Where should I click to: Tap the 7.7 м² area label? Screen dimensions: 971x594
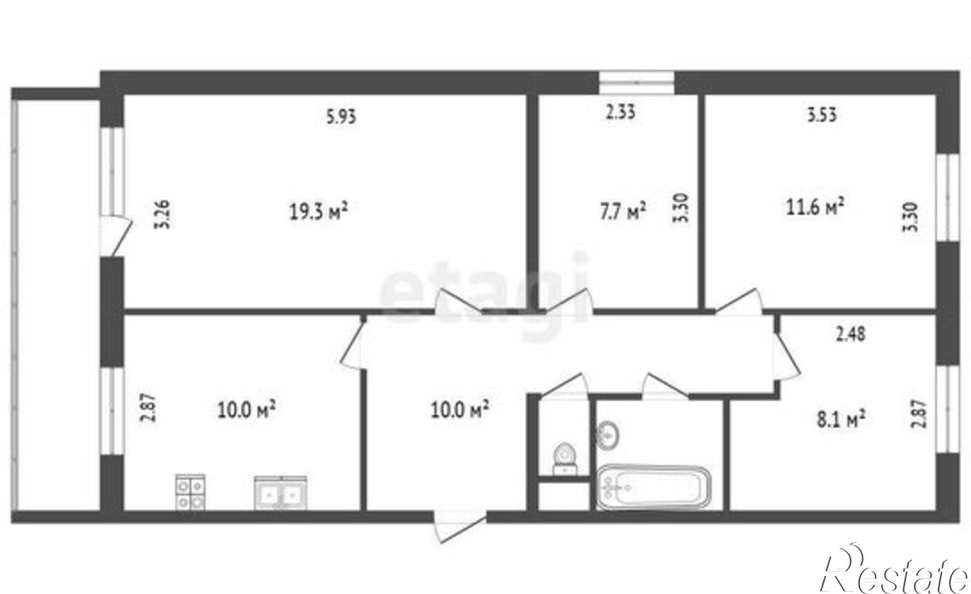click(x=623, y=212)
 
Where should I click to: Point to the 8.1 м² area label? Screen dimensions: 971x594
click(x=841, y=419)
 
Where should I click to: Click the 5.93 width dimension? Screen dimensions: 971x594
click(x=341, y=117)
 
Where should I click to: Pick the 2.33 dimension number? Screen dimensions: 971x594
click(x=620, y=112)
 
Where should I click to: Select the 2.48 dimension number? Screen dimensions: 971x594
click(x=850, y=334)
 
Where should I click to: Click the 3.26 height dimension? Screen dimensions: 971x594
click(x=163, y=214)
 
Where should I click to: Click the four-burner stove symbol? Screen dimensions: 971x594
click(x=190, y=492)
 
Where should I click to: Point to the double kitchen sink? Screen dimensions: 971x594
click(x=280, y=493)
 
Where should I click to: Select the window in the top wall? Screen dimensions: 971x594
click(x=636, y=83)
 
